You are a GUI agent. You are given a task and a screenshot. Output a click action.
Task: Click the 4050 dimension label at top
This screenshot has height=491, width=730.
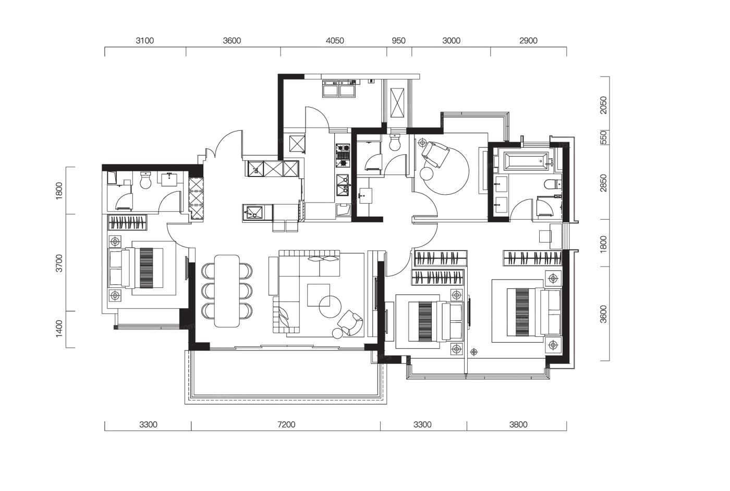pyautogui.click(x=335, y=41)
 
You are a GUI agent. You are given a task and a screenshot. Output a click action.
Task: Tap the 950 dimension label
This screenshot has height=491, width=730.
pyautogui.click(x=398, y=41)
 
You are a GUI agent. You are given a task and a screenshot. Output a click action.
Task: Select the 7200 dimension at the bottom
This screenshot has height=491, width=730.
pyautogui.click(x=286, y=425)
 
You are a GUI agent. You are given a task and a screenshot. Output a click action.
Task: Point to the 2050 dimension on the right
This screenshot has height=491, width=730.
pyautogui.click(x=604, y=105)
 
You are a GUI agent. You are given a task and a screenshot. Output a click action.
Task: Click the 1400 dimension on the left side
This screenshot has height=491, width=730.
pyautogui.click(x=59, y=329)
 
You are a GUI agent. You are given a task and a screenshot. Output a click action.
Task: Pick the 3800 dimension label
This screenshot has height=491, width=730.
pyautogui.click(x=518, y=425)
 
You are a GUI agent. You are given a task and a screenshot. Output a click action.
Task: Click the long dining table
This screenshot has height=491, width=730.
pyautogui.click(x=227, y=291)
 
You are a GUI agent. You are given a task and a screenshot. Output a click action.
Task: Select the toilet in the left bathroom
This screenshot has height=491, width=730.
pyautogui.click(x=145, y=180)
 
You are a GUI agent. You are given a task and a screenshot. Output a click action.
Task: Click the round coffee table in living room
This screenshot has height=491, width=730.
pyautogui.click(x=330, y=307)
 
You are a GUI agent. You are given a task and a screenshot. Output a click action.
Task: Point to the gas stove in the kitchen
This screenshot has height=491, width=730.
pyautogui.click(x=343, y=156)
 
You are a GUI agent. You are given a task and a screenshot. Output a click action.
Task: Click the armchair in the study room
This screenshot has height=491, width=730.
pyautogui.click(x=435, y=154)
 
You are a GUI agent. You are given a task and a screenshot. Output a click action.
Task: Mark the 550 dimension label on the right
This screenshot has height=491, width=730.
pyautogui.click(x=604, y=137)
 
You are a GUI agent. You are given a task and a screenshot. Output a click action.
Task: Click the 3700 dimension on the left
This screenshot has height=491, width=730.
pyautogui.click(x=59, y=263)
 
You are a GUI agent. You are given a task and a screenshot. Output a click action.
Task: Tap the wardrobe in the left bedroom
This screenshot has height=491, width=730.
pyautogui.click(x=127, y=222)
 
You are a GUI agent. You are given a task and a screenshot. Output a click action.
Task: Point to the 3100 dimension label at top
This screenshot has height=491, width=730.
pyautogui.click(x=145, y=41)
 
